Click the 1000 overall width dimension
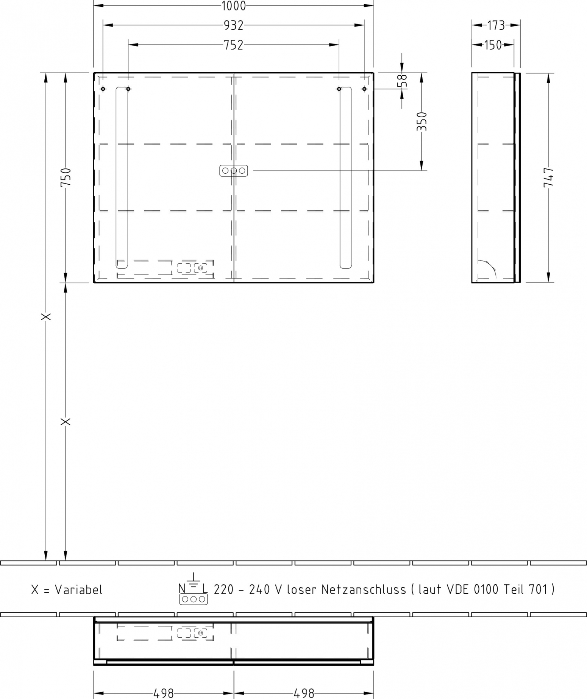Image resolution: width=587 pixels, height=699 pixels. [x=233, y=6]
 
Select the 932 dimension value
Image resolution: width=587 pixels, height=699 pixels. [x=233, y=25]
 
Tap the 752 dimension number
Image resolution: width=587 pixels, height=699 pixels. [x=233, y=45]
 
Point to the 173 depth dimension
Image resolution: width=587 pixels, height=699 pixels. [x=496, y=25]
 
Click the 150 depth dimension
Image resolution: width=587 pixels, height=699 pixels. [x=493, y=45]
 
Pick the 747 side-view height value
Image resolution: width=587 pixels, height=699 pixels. [x=549, y=177]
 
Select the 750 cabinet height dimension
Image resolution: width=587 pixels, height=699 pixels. [x=66, y=177]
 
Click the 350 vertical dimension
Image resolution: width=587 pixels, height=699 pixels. [x=422, y=121]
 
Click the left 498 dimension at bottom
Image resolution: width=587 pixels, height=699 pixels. [x=164, y=693]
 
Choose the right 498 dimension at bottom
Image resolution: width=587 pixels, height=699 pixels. [x=304, y=693]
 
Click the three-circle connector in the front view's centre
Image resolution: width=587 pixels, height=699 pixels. [x=234, y=171]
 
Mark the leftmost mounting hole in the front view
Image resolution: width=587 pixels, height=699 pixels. [x=103, y=89]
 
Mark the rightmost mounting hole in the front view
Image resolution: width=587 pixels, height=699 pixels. [x=364, y=89]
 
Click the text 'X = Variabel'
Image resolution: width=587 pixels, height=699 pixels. [x=67, y=590]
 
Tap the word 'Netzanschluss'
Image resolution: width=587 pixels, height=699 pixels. [x=364, y=589]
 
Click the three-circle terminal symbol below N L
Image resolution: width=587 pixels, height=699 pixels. [x=193, y=599]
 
